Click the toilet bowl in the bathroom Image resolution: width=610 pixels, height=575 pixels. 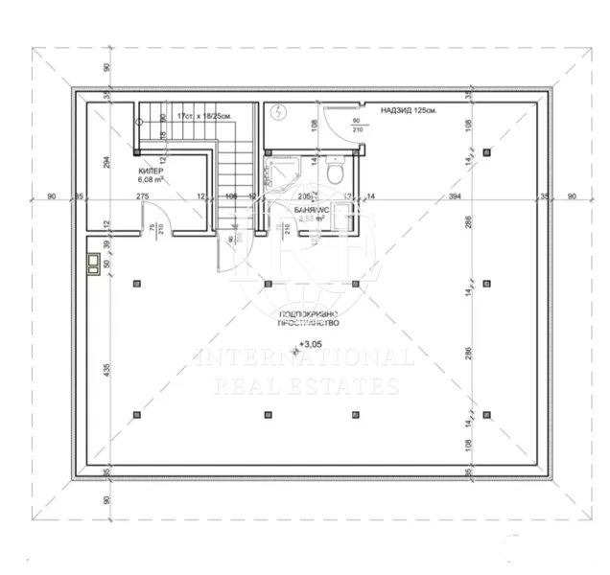pyautogui.click(x=335, y=173)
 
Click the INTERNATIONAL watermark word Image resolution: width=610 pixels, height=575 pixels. pyautogui.click(x=305, y=357)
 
